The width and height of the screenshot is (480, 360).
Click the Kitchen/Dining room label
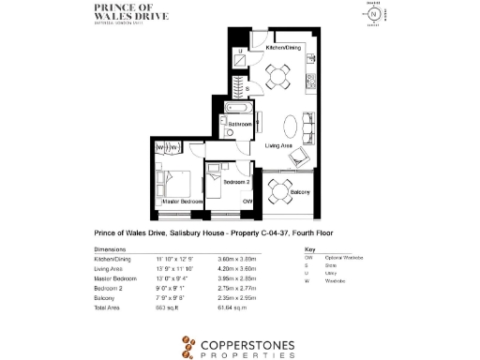coord(284,47)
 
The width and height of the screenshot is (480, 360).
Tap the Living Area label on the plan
coord(282,146)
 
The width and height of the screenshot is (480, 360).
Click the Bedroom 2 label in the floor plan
coord(236,181)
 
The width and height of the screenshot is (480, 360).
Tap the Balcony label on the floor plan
coord(300,192)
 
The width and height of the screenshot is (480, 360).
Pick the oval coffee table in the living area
coord(292,126)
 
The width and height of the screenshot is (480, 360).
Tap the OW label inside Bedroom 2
coord(247,202)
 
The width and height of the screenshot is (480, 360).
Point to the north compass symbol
coord(377,16)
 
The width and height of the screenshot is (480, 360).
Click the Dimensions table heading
coord(112,249)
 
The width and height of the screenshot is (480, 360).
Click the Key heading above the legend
coord(309,249)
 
